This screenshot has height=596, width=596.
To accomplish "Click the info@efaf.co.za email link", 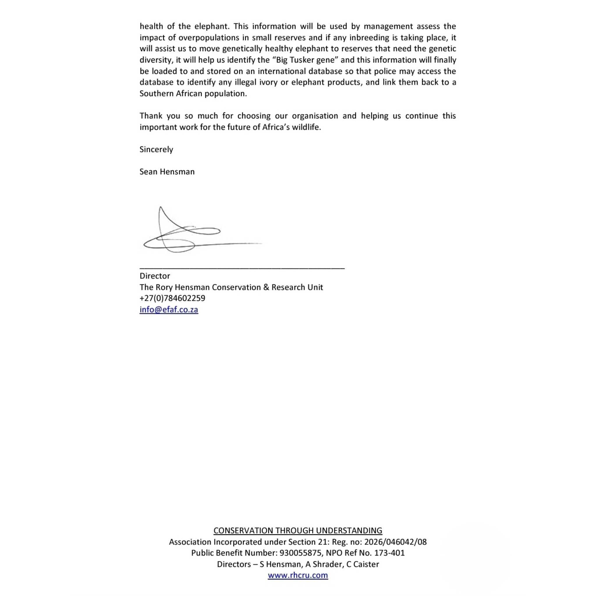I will (x=169, y=309).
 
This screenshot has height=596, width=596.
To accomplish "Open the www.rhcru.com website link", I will (x=298, y=575).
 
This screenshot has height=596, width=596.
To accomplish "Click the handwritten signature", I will (x=185, y=235).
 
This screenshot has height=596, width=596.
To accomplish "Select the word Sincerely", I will (x=156, y=149).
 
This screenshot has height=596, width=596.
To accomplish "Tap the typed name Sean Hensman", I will (x=167, y=172).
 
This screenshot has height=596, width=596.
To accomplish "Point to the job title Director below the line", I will (x=155, y=276).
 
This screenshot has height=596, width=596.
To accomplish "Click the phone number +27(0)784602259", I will (x=172, y=298).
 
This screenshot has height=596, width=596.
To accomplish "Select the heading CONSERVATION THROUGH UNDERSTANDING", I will (x=298, y=531).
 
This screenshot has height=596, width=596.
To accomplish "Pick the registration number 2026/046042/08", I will (x=395, y=542).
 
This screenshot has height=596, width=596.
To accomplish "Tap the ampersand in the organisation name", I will (x=266, y=287).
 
